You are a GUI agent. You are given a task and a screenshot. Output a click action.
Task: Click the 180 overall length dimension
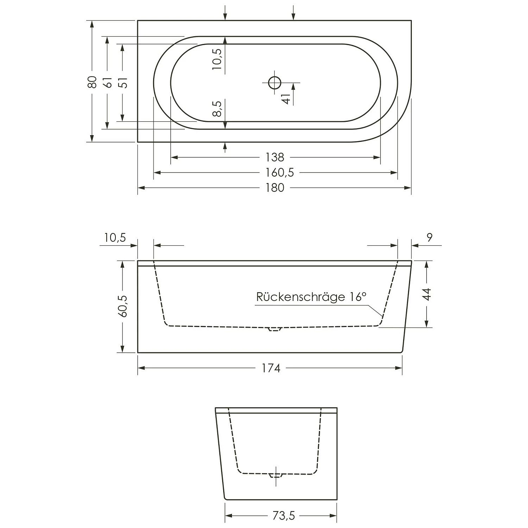pyautogui.click(x=275, y=188)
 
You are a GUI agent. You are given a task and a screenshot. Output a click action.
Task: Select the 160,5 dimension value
pyautogui.click(x=280, y=172)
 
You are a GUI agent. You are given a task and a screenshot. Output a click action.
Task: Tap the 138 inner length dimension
pyautogui.click(x=275, y=157)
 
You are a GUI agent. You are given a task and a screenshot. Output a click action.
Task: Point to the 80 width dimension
pyautogui.click(x=92, y=82)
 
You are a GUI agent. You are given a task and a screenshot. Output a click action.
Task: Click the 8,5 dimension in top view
pyautogui.click(x=217, y=108)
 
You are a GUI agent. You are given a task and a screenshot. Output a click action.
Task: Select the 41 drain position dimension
pyautogui.click(x=287, y=99)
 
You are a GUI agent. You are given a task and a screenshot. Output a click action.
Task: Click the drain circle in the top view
pyautogui.click(x=275, y=83)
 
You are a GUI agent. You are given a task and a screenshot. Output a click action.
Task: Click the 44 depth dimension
pyautogui.click(x=427, y=294)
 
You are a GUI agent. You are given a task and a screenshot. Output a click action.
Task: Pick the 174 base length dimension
pyautogui.click(x=271, y=368)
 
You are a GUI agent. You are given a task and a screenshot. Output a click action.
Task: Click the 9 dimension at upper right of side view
pyautogui.click(x=429, y=238)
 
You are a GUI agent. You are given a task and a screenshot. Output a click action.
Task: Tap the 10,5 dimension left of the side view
pyautogui.click(x=115, y=238)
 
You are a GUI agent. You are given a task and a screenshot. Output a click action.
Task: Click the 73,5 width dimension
pyautogui.click(x=283, y=516)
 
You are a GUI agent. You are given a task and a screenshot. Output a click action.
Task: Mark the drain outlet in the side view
pyautogui.click(x=275, y=329)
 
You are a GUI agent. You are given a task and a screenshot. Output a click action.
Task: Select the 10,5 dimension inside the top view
pyautogui.click(x=217, y=58)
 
